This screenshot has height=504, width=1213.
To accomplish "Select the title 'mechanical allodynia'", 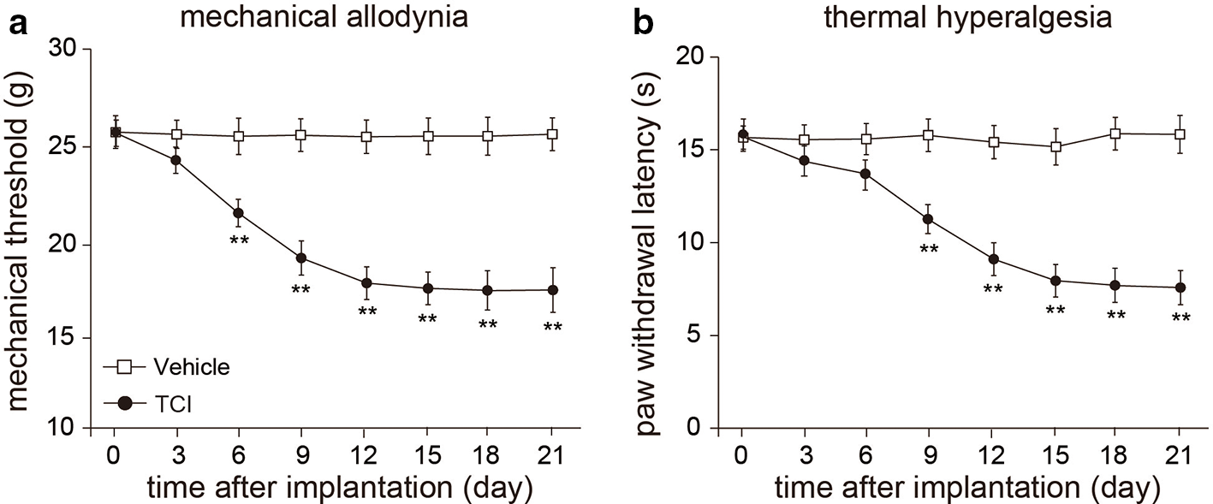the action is [324, 17].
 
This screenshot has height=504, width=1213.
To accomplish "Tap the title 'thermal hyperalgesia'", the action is [967, 17].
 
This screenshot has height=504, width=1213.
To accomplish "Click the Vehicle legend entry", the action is [167, 368].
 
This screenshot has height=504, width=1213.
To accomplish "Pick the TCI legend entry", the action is [147, 405].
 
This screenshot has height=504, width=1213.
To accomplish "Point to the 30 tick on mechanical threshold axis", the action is [67, 50].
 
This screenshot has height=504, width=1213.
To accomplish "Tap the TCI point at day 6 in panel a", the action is [238, 213].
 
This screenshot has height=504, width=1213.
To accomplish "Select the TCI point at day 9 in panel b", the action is [928, 219].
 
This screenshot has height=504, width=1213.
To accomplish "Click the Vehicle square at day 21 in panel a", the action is [551, 133].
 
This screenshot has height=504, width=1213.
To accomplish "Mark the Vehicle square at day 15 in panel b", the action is [1055, 146].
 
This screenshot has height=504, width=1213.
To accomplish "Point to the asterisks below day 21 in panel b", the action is [1180, 317].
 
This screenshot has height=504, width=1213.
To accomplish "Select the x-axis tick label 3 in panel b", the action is [806, 455].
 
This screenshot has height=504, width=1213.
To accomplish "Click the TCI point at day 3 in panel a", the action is [176, 160].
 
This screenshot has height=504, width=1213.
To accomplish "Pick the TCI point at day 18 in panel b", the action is [1115, 285].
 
